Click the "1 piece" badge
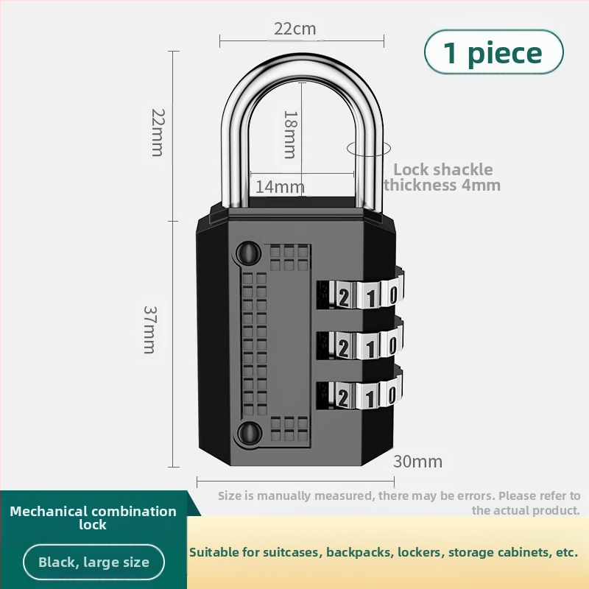(493, 52)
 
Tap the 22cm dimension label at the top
(294, 29)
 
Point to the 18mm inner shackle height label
(290, 134)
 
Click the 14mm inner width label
(280, 187)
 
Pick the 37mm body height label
(149, 329)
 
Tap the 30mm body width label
(417, 462)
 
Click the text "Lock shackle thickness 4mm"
(442, 177)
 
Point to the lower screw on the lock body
(248, 432)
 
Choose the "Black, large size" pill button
(94, 563)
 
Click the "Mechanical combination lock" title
(94, 518)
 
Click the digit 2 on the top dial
(344, 296)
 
